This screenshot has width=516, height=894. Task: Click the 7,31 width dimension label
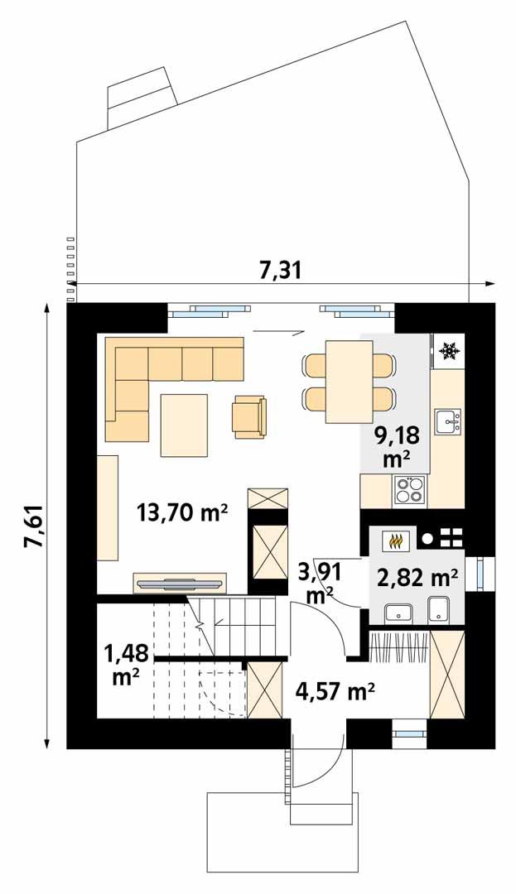pyautogui.click(x=275, y=270)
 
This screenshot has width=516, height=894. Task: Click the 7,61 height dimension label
pyautogui.click(x=32, y=524)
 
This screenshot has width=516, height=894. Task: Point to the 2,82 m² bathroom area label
pyautogui.click(x=418, y=577)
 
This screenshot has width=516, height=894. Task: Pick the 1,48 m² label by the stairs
pyautogui.click(x=126, y=664)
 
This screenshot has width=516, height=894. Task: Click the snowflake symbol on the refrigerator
pyautogui.click(x=449, y=352)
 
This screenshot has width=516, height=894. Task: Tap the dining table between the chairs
pyautogui.click(x=349, y=381)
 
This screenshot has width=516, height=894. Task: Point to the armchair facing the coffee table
pyautogui.click(x=249, y=416)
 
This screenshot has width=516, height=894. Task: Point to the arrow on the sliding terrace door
pyautogui.click(x=277, y=332)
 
